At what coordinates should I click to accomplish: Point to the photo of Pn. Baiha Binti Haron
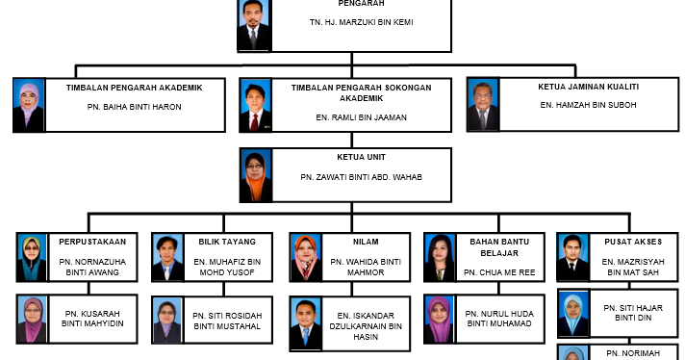coord(29,105)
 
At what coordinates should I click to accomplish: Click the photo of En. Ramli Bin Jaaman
coord(255,105)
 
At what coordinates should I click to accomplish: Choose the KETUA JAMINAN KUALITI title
coord(575,87)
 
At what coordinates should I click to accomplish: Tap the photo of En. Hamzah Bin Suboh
coord(482,105)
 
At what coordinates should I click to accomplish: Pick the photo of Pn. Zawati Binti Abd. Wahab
coord(255,175)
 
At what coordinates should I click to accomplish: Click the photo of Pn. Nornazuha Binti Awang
coord(31,257)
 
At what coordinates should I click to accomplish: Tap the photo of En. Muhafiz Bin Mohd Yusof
coord(167,257)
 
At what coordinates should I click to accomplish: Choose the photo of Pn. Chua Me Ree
coord(439,257)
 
